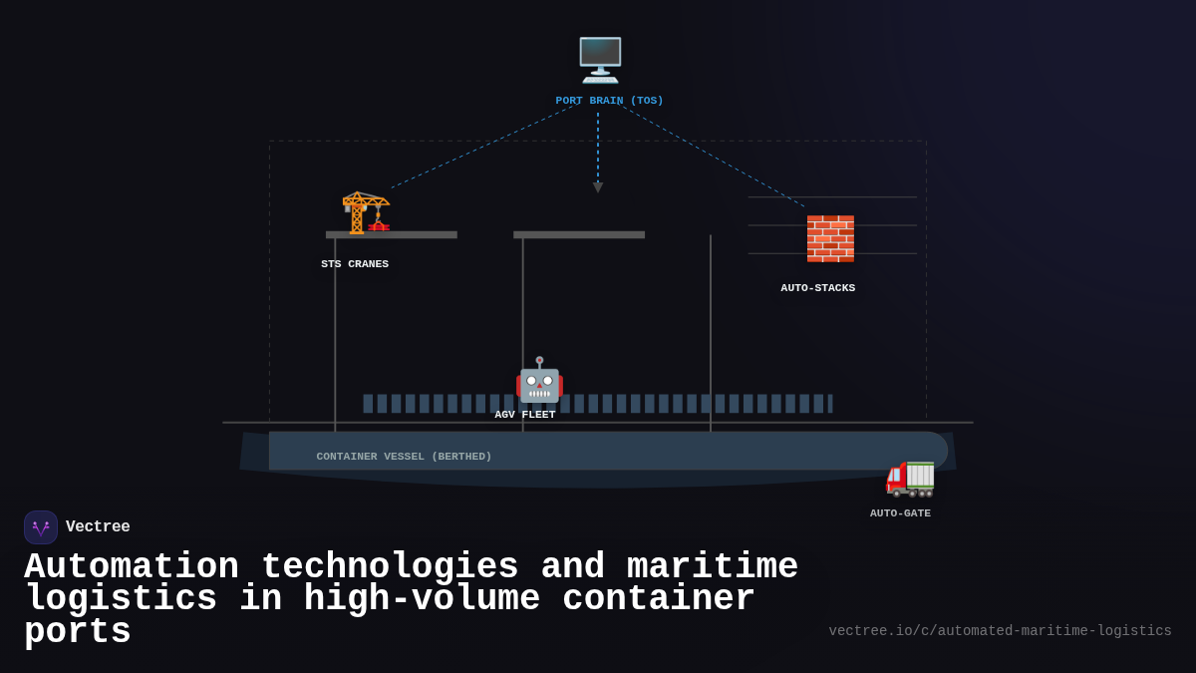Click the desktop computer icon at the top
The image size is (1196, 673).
(600, 60)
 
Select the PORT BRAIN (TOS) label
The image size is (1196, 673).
(609, 101)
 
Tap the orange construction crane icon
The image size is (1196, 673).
(365, 211)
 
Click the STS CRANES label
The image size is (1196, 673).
(355, 264)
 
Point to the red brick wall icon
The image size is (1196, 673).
(830, 239)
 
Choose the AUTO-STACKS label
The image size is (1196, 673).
(817, 288)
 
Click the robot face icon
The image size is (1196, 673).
(539, 381)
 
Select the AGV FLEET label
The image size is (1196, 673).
(525, 415)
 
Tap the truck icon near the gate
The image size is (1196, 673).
(910, 478)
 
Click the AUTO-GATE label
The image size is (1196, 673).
(900, 513)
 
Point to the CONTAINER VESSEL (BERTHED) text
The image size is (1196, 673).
(404, 457)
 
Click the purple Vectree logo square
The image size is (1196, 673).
(41, 527)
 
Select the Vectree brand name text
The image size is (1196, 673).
(98, 527)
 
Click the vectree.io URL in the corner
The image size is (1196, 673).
(1000, 631)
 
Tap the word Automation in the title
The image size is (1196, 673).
(132, 567)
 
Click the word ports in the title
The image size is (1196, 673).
(78, 632)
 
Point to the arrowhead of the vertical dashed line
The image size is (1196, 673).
(598, 187)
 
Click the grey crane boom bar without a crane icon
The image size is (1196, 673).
(579, 235)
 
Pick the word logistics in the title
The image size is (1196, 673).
(121, 599)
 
